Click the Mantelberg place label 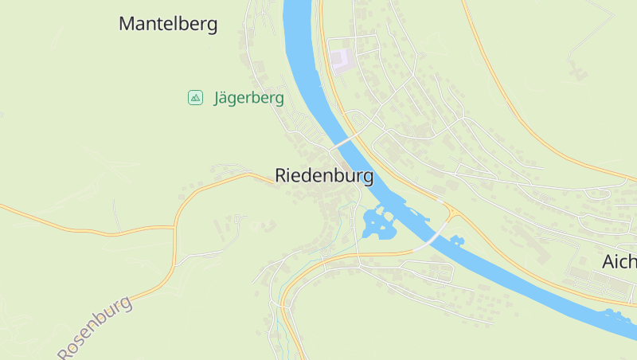(168, 24)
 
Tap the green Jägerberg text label (248, 98)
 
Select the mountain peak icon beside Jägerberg (195, 97)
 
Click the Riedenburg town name (323, 176)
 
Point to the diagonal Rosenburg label (95, 327)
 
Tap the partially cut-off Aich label (619, 262)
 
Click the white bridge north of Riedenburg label (344, 140)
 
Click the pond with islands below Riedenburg (378, 223)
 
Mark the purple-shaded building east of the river (341, 61)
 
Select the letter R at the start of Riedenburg (281, 176)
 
